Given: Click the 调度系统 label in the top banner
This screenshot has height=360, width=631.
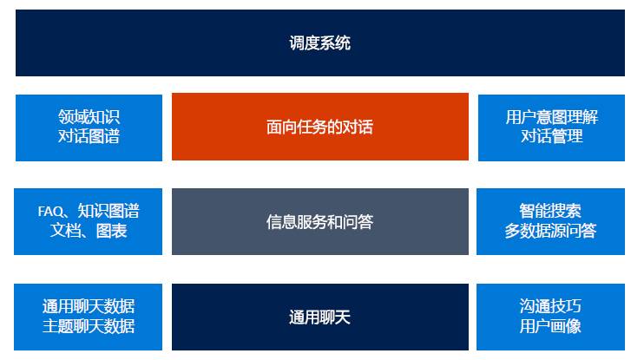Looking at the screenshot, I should [x=319, y=43].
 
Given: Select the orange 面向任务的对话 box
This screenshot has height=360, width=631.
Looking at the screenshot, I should [x=319, y=127].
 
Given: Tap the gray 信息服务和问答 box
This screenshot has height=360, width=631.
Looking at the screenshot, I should [x=319, y=221].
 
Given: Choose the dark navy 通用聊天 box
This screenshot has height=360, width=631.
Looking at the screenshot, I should [x=319, y=317].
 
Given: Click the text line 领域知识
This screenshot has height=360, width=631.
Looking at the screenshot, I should [x=89, y=117].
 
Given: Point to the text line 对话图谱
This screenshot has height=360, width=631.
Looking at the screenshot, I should [x=89, y=136].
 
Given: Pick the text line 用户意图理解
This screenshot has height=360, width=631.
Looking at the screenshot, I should [x=551, y=117].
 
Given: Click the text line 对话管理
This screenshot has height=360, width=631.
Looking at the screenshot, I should [x=551, y=136].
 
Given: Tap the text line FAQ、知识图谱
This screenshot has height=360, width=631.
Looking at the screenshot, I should [x=89, y=212].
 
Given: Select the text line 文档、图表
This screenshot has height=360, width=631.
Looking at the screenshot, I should [x=89, y=231].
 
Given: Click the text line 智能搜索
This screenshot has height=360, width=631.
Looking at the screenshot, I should [x=550, y=212].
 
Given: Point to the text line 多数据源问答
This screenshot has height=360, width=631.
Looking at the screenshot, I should [x=550, y=231].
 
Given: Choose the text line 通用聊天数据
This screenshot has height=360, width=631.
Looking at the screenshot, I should [x=89, y=306].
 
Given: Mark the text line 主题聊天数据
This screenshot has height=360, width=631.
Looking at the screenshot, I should [x=89, y=326].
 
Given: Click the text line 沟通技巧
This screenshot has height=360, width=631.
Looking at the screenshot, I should [x=550, y=306].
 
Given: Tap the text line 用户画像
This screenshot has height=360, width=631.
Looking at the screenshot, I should [x=550, y=326].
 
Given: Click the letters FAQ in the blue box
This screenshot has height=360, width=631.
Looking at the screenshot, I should [x=50, y=212].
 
